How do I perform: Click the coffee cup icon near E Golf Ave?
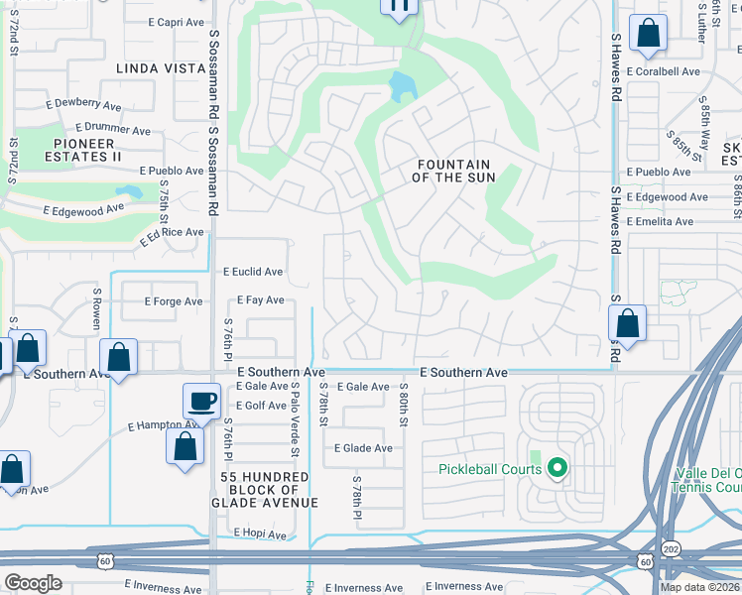[x=201, y=401]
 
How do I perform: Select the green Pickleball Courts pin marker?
[x=557, y=468]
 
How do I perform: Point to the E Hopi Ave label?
[x=260, y=534]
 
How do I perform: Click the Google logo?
[x=34, y=583]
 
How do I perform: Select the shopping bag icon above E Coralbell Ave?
[x=648, y=34]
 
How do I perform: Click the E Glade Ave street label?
[x=363, y=448]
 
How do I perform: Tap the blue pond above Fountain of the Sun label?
[x=403, y=87]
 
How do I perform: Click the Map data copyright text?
[x=699, y=587]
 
